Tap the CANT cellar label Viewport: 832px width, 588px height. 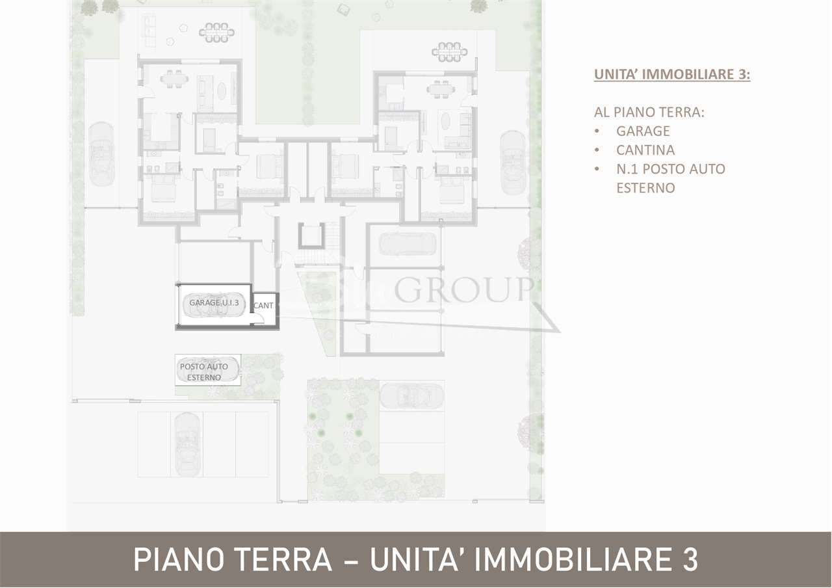(264, 305)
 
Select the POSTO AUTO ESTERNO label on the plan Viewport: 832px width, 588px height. (204, 372)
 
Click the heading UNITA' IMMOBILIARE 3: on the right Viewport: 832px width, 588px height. (672, 74)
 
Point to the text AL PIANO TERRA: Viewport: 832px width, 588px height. (649, 112)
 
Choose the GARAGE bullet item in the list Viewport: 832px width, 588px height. (643, 131)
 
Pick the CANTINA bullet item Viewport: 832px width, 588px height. (645, 150)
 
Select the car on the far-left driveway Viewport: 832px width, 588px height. (101, 154)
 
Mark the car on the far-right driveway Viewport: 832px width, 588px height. (513, 161)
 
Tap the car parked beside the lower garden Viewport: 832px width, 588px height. (411, 394)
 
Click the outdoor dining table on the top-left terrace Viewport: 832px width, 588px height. (217, 32)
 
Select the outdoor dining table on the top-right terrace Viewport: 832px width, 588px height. (448, 51)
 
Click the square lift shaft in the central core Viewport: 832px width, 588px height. (311, 235)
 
